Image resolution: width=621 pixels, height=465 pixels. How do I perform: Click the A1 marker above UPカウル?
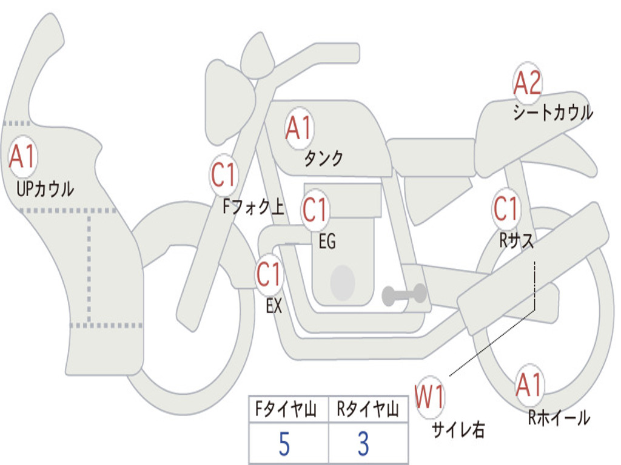tap(23, 157)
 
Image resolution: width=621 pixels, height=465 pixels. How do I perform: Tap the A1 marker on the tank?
tap(300, 128)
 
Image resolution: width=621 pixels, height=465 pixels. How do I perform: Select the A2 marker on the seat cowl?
tap(527, 82)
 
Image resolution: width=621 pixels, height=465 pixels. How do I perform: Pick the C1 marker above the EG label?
tap(315, 209)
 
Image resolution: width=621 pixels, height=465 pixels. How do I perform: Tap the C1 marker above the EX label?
tap(269, 274)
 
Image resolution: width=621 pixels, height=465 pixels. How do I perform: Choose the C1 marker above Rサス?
tap(506, 208)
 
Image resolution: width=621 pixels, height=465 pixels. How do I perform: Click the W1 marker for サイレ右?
tap(429, 397)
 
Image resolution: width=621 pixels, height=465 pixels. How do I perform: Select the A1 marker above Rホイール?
tap(529, 385)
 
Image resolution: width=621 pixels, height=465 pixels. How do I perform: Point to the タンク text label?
tap(323, 159)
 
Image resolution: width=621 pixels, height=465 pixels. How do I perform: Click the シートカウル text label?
tap(553, 112)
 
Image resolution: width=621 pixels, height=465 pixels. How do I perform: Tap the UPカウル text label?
tap(45, 189)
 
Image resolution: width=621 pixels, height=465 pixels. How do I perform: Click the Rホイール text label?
tap(559, 418)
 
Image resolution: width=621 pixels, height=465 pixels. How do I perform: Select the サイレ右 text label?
tap(458, 429)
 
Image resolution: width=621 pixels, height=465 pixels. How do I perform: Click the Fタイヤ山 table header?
tap(286, 409)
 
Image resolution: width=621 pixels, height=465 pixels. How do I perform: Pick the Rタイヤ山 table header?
tap(368, 409)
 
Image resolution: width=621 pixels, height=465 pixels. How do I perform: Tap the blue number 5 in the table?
tap(284, 444)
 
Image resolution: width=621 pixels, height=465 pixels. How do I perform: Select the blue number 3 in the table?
tap(364, 444)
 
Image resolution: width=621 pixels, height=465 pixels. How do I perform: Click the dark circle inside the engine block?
tap(343, 282)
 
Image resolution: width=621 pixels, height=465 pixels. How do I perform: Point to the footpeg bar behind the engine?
tap(404, 295)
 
